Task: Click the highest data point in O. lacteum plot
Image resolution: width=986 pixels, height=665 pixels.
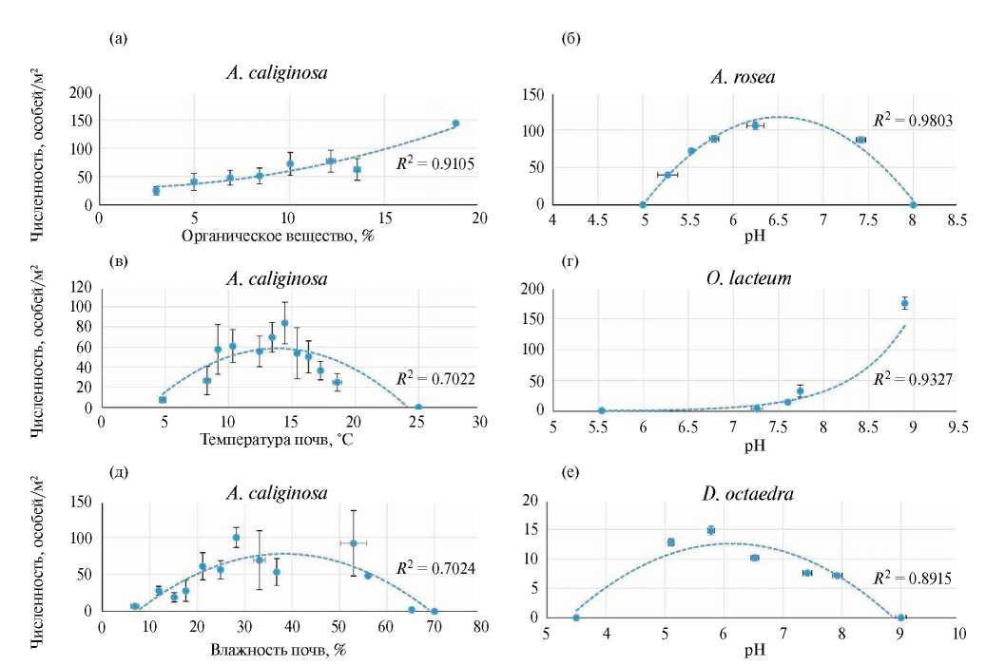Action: click(905, 303)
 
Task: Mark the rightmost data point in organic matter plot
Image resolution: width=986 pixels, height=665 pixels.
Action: click(455, 123)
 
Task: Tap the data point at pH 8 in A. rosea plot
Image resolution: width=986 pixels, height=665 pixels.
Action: click(913, 204)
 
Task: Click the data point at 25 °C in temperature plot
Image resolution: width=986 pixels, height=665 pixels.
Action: click(418, 408)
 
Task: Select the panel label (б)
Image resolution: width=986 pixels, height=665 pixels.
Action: click(571, 39)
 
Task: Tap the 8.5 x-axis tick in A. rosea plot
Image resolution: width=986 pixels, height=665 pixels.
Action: click(957, 219)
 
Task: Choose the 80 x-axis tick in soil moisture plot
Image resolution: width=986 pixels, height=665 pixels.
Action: click(481, 627)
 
